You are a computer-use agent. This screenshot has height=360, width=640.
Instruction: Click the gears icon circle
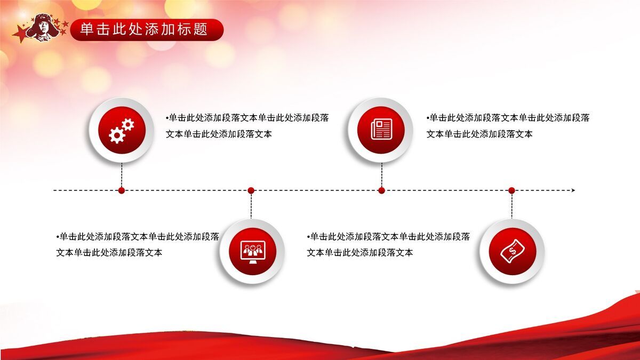(122, 130)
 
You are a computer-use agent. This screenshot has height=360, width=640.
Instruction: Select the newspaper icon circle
(381, 130)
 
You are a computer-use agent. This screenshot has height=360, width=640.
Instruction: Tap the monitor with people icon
(252, 251)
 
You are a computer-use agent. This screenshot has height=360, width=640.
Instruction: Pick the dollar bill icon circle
(511, 251)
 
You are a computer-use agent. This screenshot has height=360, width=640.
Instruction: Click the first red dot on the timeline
(122, 190)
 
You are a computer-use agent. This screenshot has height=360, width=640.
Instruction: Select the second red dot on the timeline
(251, 190)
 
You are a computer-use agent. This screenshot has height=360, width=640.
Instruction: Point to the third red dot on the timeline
(381, 190)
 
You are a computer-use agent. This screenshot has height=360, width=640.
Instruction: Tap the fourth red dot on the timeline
(511, 190)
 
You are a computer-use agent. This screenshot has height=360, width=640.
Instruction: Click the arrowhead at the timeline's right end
(573, 190)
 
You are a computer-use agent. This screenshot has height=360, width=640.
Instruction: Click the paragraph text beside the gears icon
(246, 126)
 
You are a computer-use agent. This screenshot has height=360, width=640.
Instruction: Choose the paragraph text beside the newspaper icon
(507, 126)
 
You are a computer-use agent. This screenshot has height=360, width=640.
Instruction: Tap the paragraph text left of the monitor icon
(137, 244)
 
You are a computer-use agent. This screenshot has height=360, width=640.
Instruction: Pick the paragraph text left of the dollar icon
(388, 244)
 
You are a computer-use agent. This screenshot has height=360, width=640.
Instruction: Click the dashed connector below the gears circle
(122, 174)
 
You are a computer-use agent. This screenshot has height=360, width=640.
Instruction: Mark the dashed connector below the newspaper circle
(381, 174)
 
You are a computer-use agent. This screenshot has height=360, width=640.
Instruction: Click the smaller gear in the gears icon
(128, 125)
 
